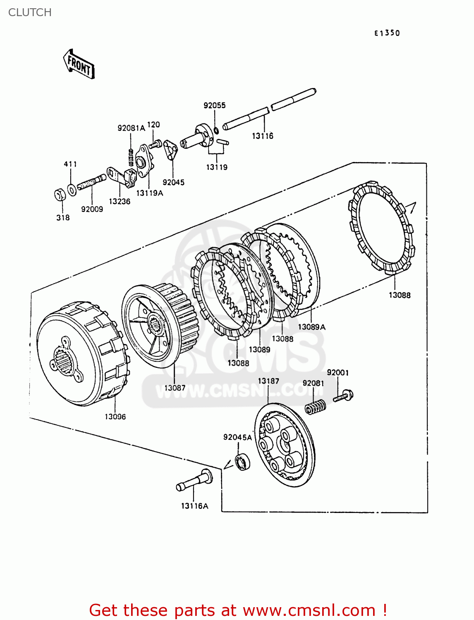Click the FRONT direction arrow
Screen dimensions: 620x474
pyautogui.click(x=79, y=64)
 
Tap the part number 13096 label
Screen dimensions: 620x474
pyautogui.click(x=115, y=417)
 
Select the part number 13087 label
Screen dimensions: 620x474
pyautogui.click(x=175, y=388)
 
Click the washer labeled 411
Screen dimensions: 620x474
pyautogui.click(x=72, y=190)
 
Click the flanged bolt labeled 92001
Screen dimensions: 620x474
pyautogui.click(x=343, y=396)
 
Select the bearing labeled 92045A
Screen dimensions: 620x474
pyautogui.click(x=242, y=461)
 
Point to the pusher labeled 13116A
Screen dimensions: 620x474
pyautogui.click(x=194, y=481)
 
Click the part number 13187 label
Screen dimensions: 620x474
pyautogui.click(x=268, y=381)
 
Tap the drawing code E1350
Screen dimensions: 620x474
pyautogui.click(x=387, y=33)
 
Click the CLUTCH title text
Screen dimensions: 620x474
pyautogui.click(x=30, y=12)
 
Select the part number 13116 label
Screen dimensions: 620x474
pyautogui.click(x=263, y=136)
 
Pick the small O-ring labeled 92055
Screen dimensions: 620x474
pyautogui.click(x=216, y=131)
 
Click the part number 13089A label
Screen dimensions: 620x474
pyautogui.click(x=311, y=327)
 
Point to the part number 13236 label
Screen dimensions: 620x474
pyautogui.click(x=120, y=201)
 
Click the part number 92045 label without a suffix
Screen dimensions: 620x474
pyautogui.click(x=173, y=182)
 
